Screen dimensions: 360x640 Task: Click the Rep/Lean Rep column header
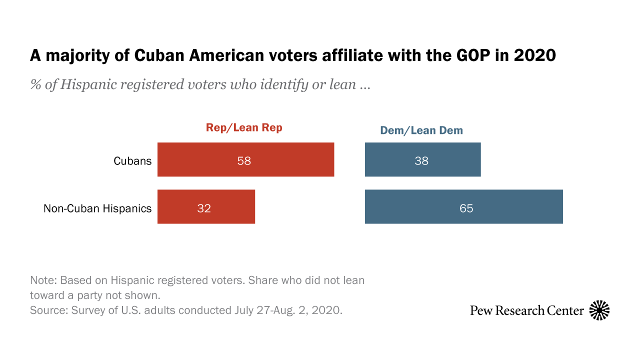coord(244,127)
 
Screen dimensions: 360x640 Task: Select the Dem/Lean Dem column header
coord(421,130)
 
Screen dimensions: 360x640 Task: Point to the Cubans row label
coord(132,161)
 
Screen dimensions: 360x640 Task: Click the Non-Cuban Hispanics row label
coord(97,208)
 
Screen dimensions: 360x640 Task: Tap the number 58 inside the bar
coord(244,161)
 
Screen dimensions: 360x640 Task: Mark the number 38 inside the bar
coord(421,161)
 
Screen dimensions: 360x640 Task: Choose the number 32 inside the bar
coord(204,208)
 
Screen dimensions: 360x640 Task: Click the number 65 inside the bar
coord(466,208)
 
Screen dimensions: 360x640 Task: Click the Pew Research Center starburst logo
coord(599,310)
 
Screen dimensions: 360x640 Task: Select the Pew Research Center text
coord(527,310)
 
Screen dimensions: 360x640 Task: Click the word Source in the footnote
coord(46,310)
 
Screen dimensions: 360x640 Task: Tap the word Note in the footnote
coord(42,280)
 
